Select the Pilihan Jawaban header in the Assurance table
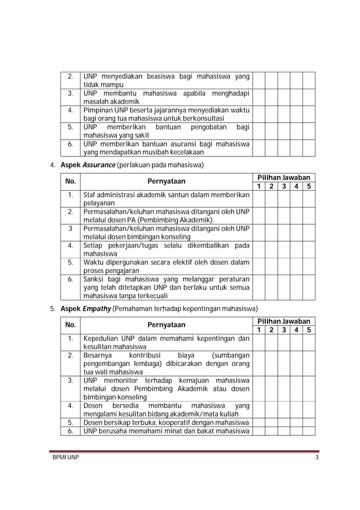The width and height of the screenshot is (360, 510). pyautogui.click(x=284, y=177)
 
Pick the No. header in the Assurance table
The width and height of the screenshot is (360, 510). pyautogui.click(x=71, y=182)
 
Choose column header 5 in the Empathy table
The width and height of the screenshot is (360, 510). pyautogui.click(x=309, y=330)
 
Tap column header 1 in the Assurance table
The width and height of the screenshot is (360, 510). pyautogui.click(x=258, y=186)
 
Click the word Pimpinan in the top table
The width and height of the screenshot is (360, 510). pyautogui.click(x=97, y=110)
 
